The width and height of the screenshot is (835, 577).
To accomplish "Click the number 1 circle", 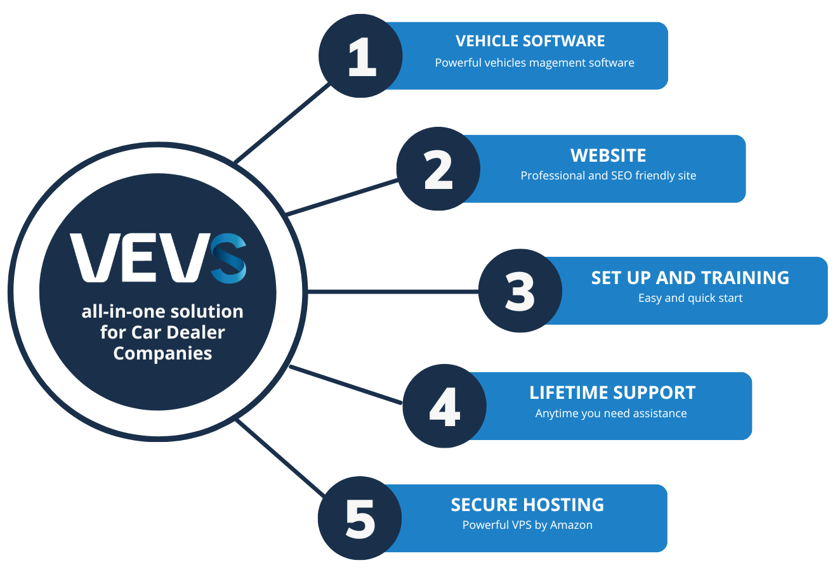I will pyautogui.click(x=360, y=56).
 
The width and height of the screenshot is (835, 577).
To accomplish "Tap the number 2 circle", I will pyautogui.click(x=438, y=169).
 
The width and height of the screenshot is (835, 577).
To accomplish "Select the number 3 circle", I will pyautogui.click(x=520, y=291).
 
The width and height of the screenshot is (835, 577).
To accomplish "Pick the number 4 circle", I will pyautogui.click(x=444, y=406).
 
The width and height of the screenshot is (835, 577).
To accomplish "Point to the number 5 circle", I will pyautogui.click(x=360, y=519).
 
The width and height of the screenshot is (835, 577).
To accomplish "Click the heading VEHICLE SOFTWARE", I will pyautogui.click(x=530, y=41).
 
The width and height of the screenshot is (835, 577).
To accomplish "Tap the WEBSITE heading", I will pyautogui.click(x=608, y=155).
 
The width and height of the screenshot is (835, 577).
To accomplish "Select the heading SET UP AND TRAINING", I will pyautogui.click(x=690, y=278).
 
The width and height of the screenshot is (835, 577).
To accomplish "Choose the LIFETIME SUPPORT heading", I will pyautogui.click(x=612, y=392).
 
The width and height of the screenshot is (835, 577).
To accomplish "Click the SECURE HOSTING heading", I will pyautogui.click(x=527, y=505).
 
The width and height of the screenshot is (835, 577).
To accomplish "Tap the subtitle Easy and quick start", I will pyautogui.click(x=690, y=298).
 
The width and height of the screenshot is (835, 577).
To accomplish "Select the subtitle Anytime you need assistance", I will pyautogui.click(x=611, y=413).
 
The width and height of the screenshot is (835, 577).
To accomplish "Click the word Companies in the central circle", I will pyautogui.click(x=162, y=353).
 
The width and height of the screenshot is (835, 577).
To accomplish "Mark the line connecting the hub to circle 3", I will pyautogui.click(x=393, y=292).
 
